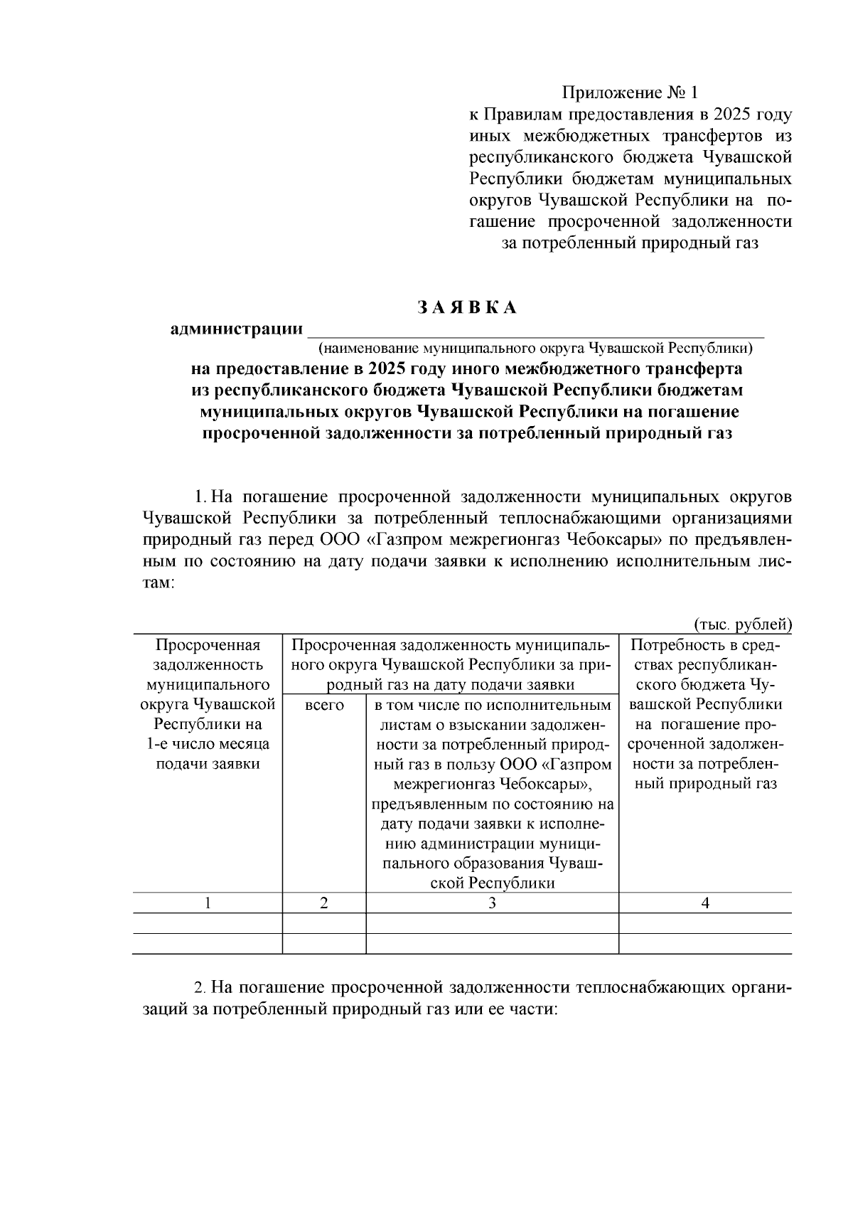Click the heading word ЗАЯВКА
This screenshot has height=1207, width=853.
coord(466,308)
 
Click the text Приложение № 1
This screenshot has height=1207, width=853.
coord(631,93)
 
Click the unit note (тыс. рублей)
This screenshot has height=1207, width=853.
coord(742,624)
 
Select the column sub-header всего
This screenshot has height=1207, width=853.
coord(324,705)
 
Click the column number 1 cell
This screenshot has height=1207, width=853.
coord(208,903)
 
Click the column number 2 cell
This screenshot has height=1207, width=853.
coord(324,903)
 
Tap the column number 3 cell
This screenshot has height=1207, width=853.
coord(492,903)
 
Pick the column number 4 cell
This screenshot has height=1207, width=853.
coord(705,903)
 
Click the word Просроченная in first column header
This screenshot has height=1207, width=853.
coord(208,646)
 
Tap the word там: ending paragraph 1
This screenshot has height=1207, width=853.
coord(158,582)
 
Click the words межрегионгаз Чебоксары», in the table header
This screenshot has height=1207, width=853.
coord(492,785)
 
